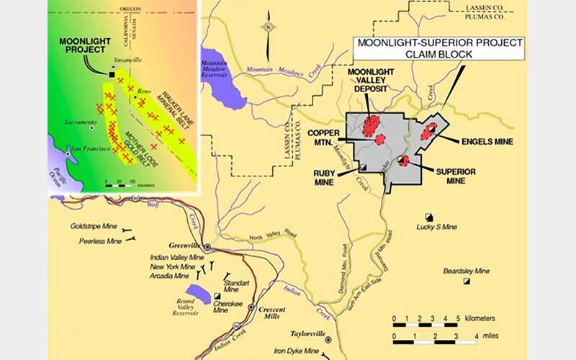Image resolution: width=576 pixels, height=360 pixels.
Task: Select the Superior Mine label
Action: point(455,176)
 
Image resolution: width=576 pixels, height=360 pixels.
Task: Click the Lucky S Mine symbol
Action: point(429,216)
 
